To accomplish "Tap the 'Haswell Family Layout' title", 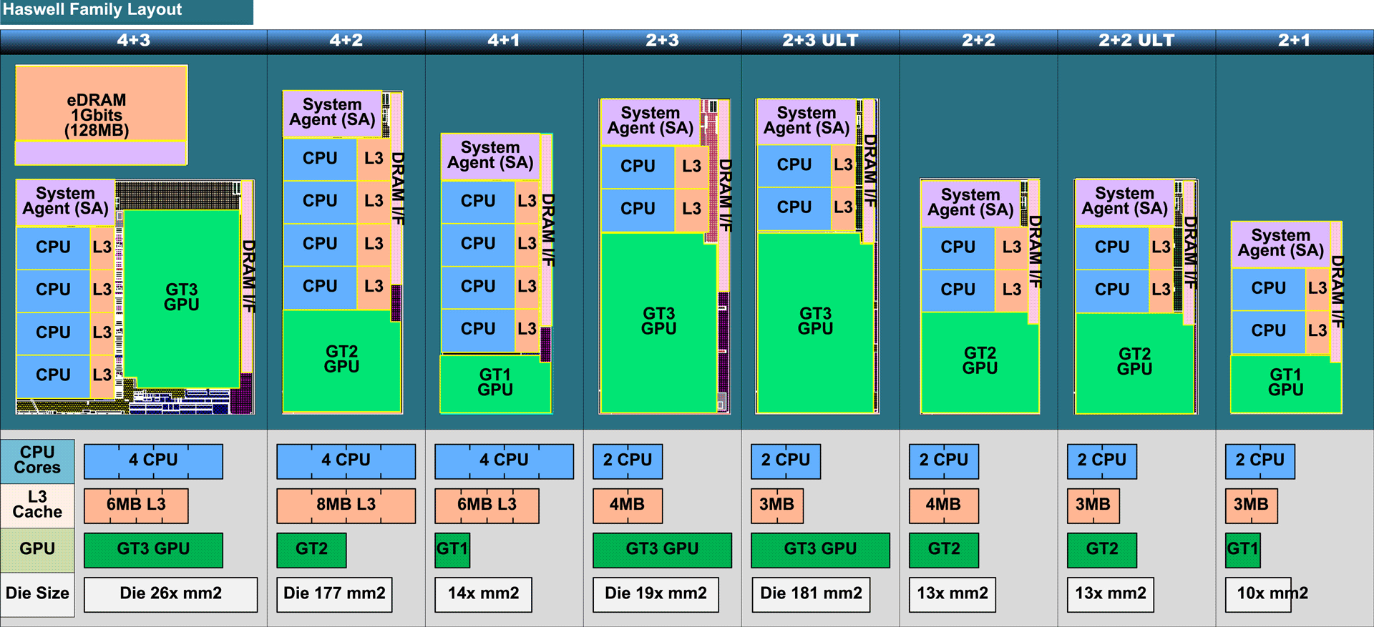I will point(93,10).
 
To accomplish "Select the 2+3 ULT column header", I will point(820,41).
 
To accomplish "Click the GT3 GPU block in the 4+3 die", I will point(182,297).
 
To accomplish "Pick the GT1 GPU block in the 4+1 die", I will point(495,383).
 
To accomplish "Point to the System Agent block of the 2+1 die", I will point(1280,243).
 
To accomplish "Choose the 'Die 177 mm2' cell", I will point(334,594).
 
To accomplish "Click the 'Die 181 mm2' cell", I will point(811,594).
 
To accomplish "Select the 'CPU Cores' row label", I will point(37,460).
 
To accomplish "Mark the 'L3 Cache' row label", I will point(37,505).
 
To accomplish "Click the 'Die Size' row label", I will point(37,593).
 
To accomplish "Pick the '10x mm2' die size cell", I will point(1259,594).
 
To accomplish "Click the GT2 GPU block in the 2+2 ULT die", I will point(1135,362).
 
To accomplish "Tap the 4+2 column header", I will point(346,41).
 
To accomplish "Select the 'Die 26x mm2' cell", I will point(170,594).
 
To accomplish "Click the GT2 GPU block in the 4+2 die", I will point(341,360).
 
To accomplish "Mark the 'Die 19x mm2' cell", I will point(656,594).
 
